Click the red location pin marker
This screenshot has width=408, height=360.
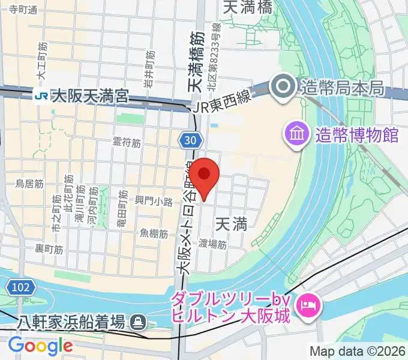(205, 176)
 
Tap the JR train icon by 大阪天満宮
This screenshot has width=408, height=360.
(41, 95)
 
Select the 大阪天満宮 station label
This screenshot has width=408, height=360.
(90, 95)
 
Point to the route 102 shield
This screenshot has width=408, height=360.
(21, 287)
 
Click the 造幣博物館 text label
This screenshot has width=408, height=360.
(357, 134)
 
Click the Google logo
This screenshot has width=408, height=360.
(40, 346)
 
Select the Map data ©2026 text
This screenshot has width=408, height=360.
(358, 351)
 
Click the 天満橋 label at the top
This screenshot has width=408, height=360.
(247, 7)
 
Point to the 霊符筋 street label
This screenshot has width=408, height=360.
(127, 143)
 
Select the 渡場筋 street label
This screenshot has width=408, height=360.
(212, 244)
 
